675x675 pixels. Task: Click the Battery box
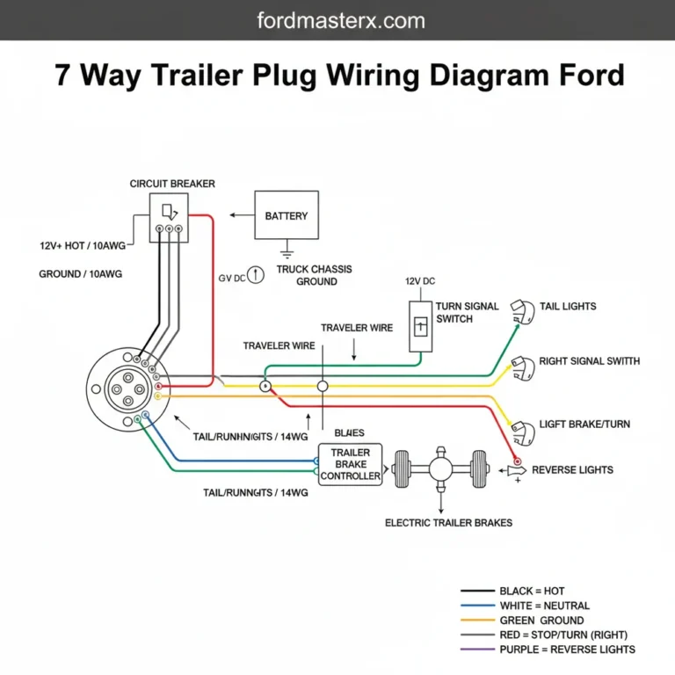[287, 215]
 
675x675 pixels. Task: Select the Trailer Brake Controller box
[351, 464]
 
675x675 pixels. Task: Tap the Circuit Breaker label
[172, 184]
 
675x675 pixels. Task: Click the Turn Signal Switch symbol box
[420, 326]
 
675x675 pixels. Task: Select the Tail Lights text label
[568, 306]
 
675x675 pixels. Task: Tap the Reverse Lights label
[572, 469]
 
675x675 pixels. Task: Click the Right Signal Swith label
[589, 361]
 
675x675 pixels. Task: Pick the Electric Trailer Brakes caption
[448, 522]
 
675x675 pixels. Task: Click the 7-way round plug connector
[122, 389]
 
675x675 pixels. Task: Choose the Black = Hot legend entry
[532, 591]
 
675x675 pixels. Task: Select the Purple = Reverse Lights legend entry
[567, 650]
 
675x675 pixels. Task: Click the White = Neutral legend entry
[544, 606]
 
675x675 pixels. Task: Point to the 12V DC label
[419, 281]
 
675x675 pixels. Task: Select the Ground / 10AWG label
[80, 274]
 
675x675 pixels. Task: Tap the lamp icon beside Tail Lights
[523, 311]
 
